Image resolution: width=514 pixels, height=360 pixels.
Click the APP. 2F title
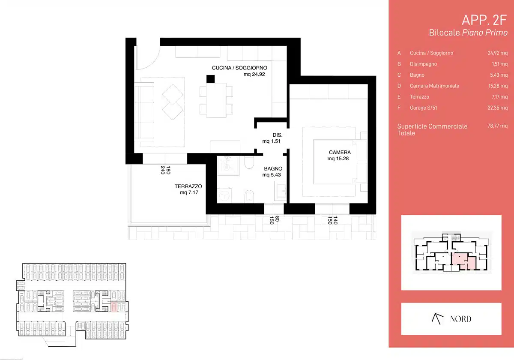[x=484, y=20]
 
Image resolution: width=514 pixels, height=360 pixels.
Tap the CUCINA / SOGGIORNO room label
[x=239, y=68]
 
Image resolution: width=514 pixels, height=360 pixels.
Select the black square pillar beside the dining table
[x=210, y=79]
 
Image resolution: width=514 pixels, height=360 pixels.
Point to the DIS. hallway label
[x=277, y=135]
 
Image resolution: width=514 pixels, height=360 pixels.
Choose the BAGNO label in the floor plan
[x=273, y=169]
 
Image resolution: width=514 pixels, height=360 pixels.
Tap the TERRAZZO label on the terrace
[x=188, y=186]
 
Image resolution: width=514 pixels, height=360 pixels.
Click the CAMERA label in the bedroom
[x=340, y=153]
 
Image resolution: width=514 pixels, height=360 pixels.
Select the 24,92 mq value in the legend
[x=497, y=53]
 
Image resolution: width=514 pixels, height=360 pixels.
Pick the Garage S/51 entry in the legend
[x=423, y=108]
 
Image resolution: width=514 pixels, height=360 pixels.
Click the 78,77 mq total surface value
[x=497, y=126]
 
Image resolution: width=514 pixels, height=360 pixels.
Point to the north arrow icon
[x=437, y=319]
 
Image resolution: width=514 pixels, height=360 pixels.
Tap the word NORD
[x=460, y=319]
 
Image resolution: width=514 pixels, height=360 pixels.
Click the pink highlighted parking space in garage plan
[x=114, y=307]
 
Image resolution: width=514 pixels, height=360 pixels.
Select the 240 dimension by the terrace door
[x=163, y=170]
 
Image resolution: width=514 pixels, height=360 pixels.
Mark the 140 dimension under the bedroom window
[x=335, y=220]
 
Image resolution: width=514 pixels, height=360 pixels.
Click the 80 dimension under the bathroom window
[x=277, y=219]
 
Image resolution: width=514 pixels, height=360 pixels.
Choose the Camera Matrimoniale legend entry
[x=434, y=86]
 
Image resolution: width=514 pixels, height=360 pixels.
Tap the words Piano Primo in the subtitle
[x=484, y=33]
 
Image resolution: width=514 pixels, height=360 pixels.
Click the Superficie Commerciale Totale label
[x=432, y=130]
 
